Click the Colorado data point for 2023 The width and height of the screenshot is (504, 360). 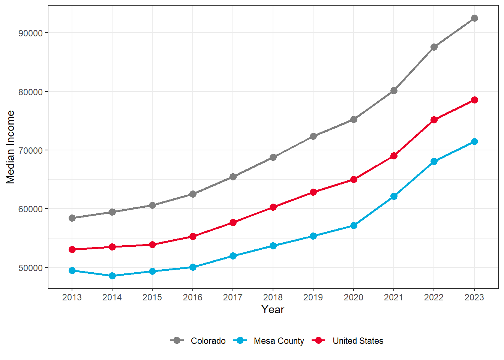pyautogui.click(x=474, y=18)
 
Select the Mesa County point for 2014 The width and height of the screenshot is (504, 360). pyautogui.click(x=112, y=276)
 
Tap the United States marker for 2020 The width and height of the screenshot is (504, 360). pyautogui.click(x=354, y=179)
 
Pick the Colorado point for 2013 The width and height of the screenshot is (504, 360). pyautogui.click(x=72, y=218)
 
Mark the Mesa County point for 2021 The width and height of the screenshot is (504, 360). pyautogui.click(x=394, y=196)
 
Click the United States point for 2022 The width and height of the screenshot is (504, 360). pyautogui.click(x=434, y=120)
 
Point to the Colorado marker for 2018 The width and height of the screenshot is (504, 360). pyautogui.click(x=273, y=157)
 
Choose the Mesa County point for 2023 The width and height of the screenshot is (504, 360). pyautogui.click(x=474, y=141)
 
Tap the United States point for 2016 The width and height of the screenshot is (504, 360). pyautogui.click(x=193, y=236)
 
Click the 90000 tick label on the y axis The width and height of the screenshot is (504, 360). pyautogui.click(x=31, y=33)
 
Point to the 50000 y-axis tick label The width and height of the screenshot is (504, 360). pyautogui.click(x=31, y=268)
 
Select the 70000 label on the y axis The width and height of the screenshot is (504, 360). pyautogui.click(x=31, y=150)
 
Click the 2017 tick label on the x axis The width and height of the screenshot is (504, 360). pyautogui.click(x=233, y=297)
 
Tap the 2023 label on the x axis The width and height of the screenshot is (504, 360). pyautogui.click(x=474, y=297)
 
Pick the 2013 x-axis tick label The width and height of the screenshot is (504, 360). pyautogui.click(x=72, y=297)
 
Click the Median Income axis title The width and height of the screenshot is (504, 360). pyautogui.click(x=10, y=147)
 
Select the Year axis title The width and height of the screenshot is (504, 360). pyautogui.click(x=273, y=310)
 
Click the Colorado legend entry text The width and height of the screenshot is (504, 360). pyautogui.click(x=208, y=341)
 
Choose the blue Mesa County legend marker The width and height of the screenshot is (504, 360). pyautogui.click(x=240, y=340)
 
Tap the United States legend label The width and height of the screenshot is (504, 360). pyautogui.click(x=358, y=341)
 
